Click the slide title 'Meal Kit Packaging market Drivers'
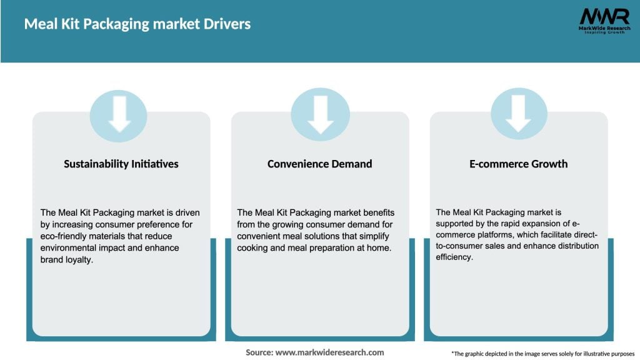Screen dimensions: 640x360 137,24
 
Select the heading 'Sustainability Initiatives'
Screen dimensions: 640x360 121,164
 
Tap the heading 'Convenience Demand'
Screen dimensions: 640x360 319,164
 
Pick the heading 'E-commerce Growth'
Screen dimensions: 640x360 518,164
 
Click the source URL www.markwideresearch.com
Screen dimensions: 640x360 330,352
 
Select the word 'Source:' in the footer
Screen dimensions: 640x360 259,352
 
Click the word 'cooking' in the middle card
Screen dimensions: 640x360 252,247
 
